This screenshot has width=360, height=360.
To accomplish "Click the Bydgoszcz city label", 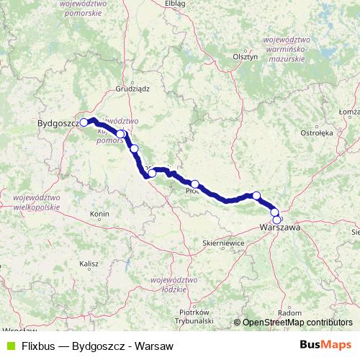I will [58, 124].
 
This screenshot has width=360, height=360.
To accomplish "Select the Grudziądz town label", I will [132, 89].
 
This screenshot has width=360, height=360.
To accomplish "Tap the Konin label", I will [98, 215].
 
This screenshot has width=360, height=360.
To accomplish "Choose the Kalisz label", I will [89, 264].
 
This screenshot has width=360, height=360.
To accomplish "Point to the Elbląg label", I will [175, 4].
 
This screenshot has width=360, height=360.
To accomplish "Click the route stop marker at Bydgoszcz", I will [84, 122].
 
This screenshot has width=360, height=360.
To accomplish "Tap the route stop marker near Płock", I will [195, 184].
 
